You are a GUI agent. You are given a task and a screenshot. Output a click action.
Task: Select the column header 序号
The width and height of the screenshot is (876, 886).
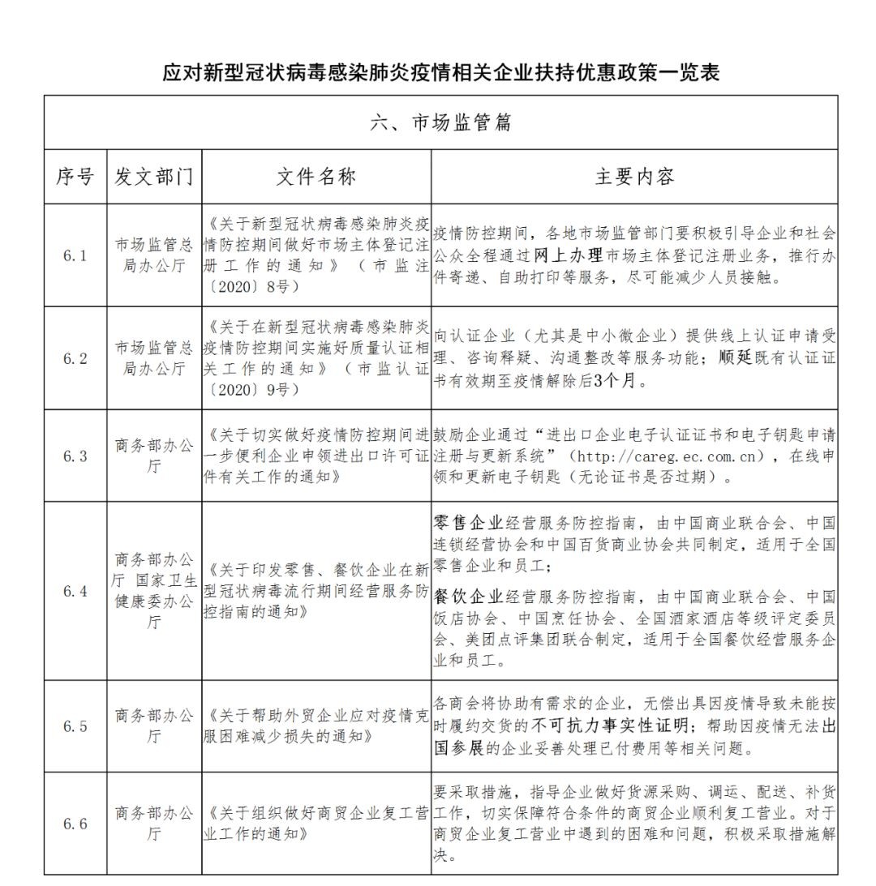75,177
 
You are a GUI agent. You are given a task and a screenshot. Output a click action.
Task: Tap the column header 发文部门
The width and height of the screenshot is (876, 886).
154,177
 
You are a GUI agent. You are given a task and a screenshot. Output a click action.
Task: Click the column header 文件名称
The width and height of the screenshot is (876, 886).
316,177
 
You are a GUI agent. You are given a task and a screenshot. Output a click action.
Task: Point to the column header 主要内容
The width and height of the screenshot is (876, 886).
634,177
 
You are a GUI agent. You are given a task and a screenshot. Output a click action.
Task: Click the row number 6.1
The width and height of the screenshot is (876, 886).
75,255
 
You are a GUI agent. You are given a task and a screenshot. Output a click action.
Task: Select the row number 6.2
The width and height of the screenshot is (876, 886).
75,358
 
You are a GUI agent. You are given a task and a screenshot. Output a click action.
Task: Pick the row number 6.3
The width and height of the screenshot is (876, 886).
75,456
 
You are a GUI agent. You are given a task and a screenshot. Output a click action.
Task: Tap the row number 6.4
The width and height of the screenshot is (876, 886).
75,591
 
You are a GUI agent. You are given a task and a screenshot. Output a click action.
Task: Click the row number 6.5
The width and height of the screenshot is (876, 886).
75,726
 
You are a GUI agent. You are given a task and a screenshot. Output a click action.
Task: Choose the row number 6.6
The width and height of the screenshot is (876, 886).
75,824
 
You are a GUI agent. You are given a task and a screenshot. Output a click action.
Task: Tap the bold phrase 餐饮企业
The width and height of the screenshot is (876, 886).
469,598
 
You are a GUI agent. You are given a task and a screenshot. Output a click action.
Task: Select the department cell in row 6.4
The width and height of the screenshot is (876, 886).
154,591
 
